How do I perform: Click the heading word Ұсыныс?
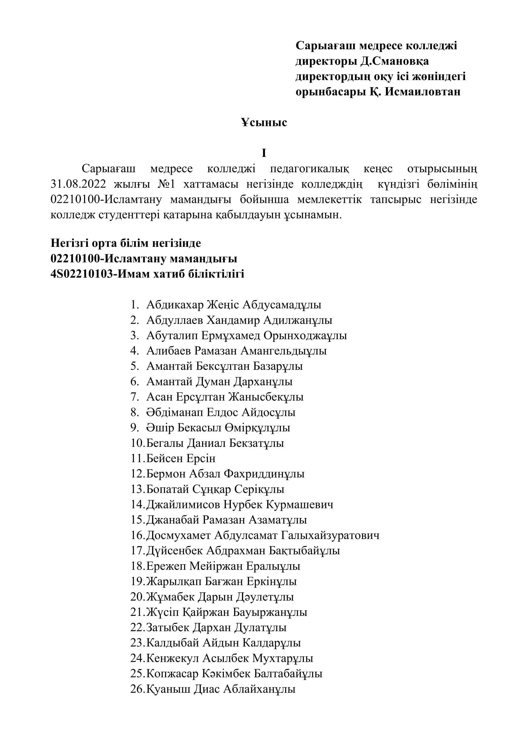pyautogui.click(x=264, y=122)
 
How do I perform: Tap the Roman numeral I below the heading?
pyautogui.click(x=264, y=153)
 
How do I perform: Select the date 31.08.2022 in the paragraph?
pyautogui.click(x=78, y=184)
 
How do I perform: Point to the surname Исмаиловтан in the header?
pyautogui.click(x=423, y=92)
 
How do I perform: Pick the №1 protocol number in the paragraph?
pyautogui.click(x=166, y=184)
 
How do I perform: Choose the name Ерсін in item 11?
pyautogui.click(x=197, y=458)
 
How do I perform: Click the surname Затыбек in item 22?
pyautogui.click(x=168, y=627)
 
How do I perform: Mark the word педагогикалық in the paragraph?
pyautogui.click(x=310, y=169)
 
